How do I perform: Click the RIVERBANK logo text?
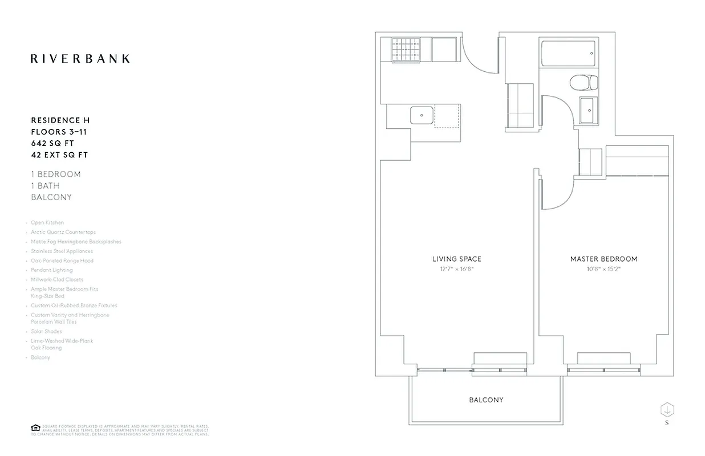click(80, 58)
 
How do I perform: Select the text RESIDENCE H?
click(60, 120)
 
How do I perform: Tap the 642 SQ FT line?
click(52, 143)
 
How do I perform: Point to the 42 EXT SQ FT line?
click(59, 155)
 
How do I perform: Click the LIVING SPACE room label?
click(456, 259)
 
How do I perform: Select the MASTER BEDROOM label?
click(603, 259)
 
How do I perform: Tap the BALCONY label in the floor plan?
click(486, 400)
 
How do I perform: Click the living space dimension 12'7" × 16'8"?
click(456, 268)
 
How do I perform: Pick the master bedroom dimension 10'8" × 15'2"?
click(603, 268)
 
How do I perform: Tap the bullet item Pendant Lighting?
click(51, 270)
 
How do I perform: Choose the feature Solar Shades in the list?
click(47, 331)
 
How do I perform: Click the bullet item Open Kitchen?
click(47, 223)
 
